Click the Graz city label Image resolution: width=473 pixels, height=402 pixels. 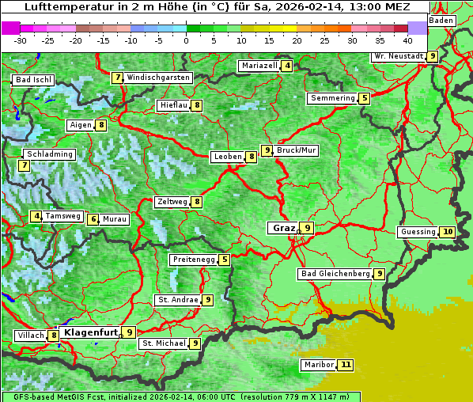[284, 228]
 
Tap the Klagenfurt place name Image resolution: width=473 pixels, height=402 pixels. [90, 332]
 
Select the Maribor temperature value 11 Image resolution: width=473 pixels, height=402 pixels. [346, 365]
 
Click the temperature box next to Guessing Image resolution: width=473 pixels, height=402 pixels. [448, 232]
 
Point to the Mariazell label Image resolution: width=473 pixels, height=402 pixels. [259, 66]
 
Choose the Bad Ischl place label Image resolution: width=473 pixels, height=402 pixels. [33, 80]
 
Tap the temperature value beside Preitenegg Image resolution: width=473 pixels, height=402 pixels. [225, 260]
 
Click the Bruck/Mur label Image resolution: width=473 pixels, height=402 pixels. [297, 150]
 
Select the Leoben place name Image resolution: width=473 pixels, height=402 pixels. [228, 157]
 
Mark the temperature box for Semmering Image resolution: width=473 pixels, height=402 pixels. [364, 98]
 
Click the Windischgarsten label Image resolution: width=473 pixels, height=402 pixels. [158, 78]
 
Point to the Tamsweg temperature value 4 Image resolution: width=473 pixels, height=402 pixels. [36, 216]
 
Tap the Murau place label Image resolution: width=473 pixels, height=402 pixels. [115, 219]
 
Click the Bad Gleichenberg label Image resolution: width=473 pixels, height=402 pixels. [335, 274]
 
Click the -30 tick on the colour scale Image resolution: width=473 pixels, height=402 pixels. [21, 40]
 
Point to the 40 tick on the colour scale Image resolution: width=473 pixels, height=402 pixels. [407, 40]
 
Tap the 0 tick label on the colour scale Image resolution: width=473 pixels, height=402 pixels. [187, 40]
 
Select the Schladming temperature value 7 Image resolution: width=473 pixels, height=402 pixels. [25, 165]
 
